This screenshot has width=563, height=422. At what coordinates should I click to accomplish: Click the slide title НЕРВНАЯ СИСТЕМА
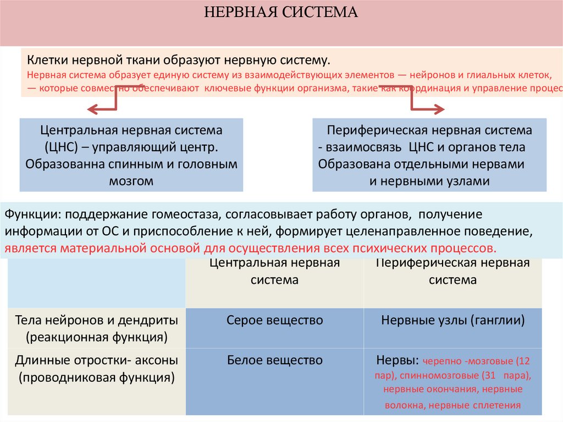pos(281,13)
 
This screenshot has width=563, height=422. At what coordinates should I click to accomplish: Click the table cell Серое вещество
pos(274,320)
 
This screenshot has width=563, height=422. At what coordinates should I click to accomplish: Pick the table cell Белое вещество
pos(274,361)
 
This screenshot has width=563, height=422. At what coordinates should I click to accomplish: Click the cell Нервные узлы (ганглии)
pos(452,320)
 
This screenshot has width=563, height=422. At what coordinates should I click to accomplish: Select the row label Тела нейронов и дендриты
pos(96,320)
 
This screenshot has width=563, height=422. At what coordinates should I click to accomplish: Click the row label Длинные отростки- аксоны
pos(96,361)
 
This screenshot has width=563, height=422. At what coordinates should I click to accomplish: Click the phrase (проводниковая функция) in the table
pos(96,378)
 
